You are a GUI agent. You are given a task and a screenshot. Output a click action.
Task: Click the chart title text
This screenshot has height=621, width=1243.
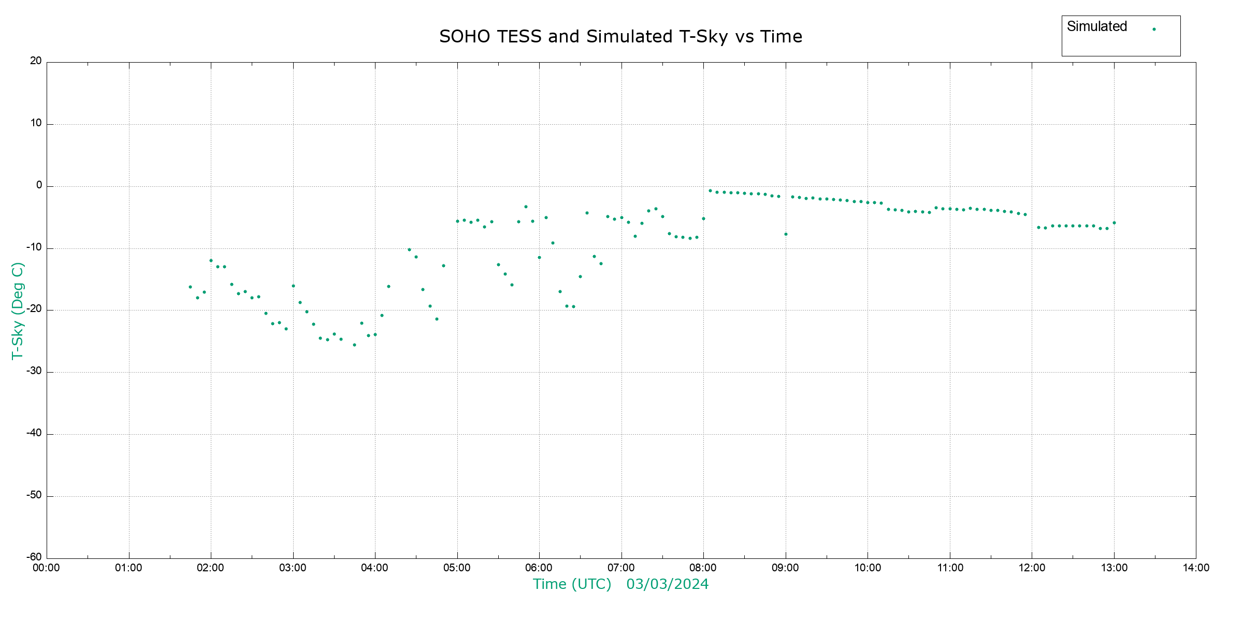tap(620, 37)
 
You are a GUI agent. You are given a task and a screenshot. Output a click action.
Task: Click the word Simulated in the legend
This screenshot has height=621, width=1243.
tap(1096, 26)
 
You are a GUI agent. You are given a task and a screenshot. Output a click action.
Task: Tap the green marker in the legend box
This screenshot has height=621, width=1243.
tap(1154, 29)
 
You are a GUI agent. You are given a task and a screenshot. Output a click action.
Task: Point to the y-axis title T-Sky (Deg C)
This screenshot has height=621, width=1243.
tap(18, 310)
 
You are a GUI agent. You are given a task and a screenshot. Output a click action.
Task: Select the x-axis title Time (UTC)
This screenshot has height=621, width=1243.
tap(572, 584)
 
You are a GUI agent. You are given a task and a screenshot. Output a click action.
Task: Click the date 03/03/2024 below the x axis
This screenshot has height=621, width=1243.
tap(667, 584)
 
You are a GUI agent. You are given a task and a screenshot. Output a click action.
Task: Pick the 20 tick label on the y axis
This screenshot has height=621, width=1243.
tap(36, 61)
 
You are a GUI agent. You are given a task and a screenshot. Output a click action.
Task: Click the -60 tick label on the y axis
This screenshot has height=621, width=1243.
tap(34, 557)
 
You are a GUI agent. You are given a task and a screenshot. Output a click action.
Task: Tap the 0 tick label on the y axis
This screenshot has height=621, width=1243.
tap(39, 185)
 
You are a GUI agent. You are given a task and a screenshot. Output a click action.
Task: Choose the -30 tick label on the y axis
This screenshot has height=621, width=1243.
tap(34, 371)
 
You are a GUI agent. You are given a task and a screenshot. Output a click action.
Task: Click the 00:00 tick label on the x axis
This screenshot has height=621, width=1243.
tap(47, 568)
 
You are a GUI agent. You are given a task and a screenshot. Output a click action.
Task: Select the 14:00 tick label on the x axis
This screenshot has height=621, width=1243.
tap(1196, 568)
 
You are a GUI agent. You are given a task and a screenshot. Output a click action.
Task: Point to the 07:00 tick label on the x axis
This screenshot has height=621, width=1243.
tap(621, 568)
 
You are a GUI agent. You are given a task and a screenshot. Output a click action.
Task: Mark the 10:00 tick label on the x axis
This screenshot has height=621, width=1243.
tap(868, 568)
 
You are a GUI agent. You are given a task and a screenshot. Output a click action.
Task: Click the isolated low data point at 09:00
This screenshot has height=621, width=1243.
tap(786, 234)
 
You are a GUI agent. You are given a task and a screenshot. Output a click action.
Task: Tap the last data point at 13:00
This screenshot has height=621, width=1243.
tap(1114, 223)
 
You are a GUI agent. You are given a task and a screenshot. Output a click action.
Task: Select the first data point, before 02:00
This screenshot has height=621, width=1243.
tap(190, 287)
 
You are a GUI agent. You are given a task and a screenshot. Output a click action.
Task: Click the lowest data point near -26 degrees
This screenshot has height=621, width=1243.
tap(354, 345)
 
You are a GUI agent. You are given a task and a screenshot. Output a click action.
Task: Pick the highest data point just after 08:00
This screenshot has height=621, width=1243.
tap(710, 190)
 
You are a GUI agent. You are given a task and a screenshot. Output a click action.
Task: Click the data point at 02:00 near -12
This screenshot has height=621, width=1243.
tap(211, 260)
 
